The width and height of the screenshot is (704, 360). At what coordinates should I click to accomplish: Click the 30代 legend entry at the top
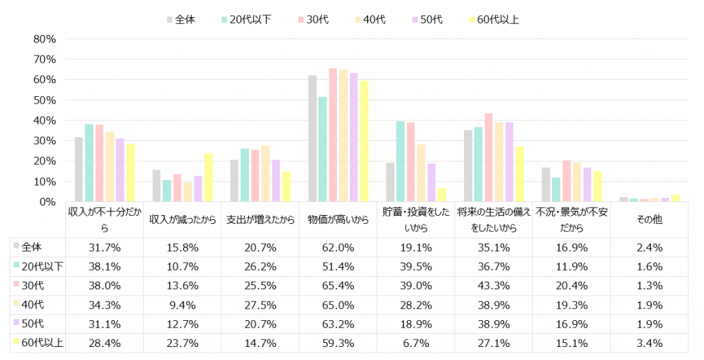click(x=317, y=19)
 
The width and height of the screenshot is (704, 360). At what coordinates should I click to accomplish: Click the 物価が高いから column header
click(x=338, y=220)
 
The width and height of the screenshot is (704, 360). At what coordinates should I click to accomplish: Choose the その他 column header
click(x=649, y=220)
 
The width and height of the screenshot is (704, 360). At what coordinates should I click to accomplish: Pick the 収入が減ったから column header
click(x=182, y=220)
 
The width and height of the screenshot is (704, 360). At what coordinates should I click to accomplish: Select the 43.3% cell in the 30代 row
click(x=493, y=286)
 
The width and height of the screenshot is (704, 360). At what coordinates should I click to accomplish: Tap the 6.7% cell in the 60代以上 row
click(x=415, y=343)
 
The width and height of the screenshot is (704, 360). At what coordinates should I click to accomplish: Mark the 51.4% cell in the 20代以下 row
click(x=338, y=267)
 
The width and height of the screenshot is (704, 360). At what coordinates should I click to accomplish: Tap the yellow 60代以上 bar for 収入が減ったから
click(x=208, y=178)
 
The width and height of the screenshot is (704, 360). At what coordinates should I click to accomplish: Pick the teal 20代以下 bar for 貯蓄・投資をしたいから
click(x=400, y=161)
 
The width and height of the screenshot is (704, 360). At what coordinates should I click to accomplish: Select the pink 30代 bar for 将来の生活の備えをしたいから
click(x=488, y=158)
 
